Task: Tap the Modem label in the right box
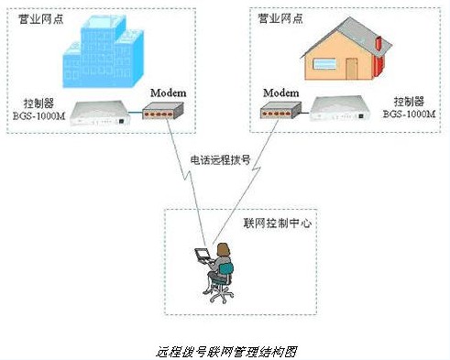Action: click(x=281, y=93)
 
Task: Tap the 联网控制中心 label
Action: click(x=276, y=223)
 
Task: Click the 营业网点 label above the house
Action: click(x=279, y=18)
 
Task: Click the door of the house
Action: click(x=352, y=69)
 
